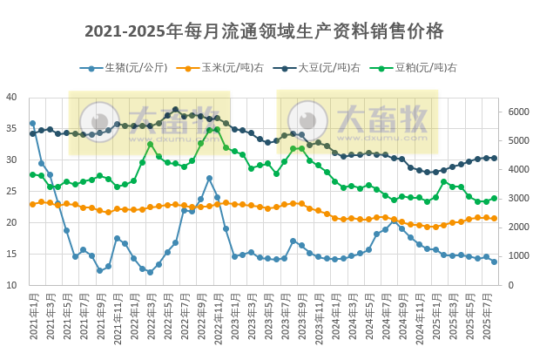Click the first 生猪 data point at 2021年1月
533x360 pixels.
coord(33,124)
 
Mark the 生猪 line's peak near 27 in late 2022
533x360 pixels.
coord(209,179)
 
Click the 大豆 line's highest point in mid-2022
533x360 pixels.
coord(176,110)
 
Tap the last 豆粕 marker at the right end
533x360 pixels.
coord(494,199)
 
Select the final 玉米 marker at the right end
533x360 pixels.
coord(494,218)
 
